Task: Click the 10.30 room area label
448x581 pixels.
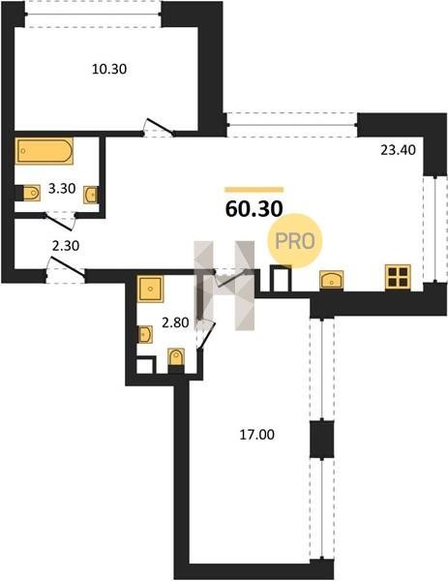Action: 109,69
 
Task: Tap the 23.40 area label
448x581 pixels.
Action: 398,150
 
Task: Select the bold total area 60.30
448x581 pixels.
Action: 254,209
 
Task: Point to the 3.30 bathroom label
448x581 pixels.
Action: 62,189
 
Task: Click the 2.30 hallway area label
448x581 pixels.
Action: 66,245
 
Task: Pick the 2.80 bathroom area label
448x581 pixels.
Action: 175,322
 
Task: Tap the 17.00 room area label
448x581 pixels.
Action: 257,434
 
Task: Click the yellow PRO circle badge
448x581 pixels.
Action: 295,241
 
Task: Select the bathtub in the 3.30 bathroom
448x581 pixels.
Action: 45,151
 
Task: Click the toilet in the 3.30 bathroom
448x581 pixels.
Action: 32,193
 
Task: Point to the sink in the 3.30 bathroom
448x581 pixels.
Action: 91,195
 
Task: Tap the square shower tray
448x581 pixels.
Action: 150,289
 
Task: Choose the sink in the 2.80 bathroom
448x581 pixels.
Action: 145,334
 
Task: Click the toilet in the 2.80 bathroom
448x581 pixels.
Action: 176,357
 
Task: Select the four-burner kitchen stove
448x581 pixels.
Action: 398,277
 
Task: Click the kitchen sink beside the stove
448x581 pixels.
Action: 331,280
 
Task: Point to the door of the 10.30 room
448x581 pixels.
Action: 160,126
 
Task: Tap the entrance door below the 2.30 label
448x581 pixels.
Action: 66,267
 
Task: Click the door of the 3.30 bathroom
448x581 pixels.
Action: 59,221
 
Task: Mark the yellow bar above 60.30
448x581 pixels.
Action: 254,190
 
